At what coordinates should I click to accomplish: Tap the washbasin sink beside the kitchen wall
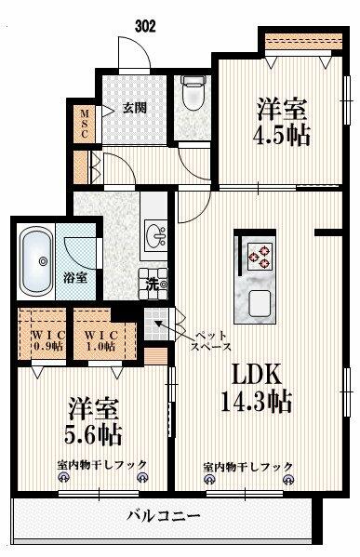pos(154,236)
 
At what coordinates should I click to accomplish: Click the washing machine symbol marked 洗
pos(152,281)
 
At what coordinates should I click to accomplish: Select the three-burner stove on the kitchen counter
pos(260,252)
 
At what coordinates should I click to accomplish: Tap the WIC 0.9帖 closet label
pos(38,339)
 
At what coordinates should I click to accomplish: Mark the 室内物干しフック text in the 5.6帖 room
pos(102,466)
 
